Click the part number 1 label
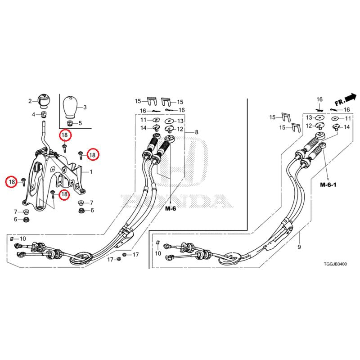point(91,172)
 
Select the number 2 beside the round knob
point(31,101)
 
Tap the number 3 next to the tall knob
point(85,107)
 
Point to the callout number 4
point(33,114)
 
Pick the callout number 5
point(81,123)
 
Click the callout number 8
point(196,132)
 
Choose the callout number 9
point(299,247)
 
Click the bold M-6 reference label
point(171,208)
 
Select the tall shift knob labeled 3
point(69,107)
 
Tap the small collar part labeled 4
point(44,115)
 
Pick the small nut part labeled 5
point(70,123)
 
